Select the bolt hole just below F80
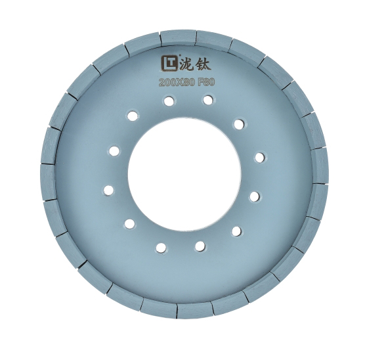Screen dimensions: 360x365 pyautogui.click(x=208, y=100)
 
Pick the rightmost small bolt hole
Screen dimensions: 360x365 pyautogui.click(x=260, y=157)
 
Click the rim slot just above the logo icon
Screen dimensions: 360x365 pyautogui.click(x=161, y=38)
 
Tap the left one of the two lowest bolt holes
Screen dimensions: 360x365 pyautogui.click(x=160, y=248)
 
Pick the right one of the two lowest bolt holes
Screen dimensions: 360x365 pyautogui.click(x=200, y=246)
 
